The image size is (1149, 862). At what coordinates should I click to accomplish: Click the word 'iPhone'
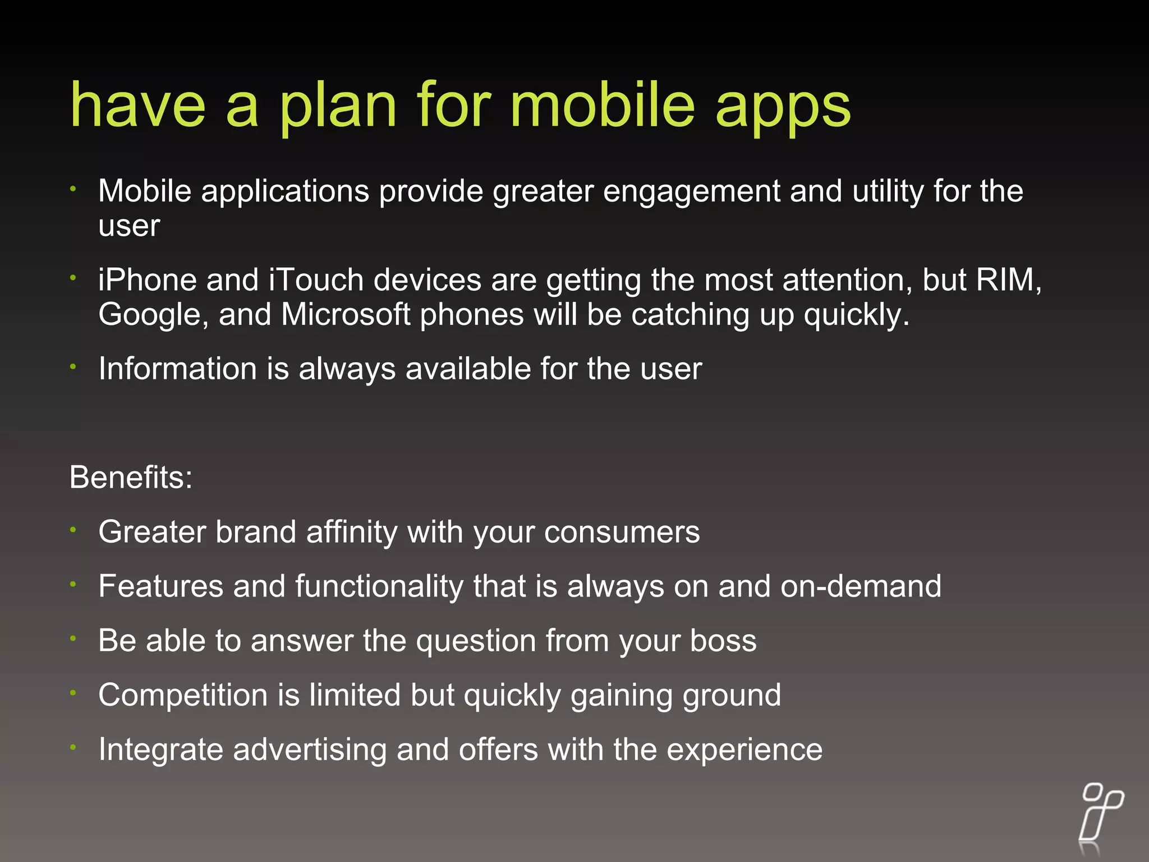147,280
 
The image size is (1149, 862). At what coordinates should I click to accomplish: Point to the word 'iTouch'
316,280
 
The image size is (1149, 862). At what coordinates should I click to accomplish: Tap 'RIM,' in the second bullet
1009,280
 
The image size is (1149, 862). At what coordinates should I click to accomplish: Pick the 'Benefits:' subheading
131,478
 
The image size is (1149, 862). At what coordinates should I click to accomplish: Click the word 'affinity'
352,532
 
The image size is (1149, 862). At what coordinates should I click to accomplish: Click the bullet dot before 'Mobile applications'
73,189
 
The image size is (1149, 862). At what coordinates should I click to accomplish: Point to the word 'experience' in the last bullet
744,750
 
